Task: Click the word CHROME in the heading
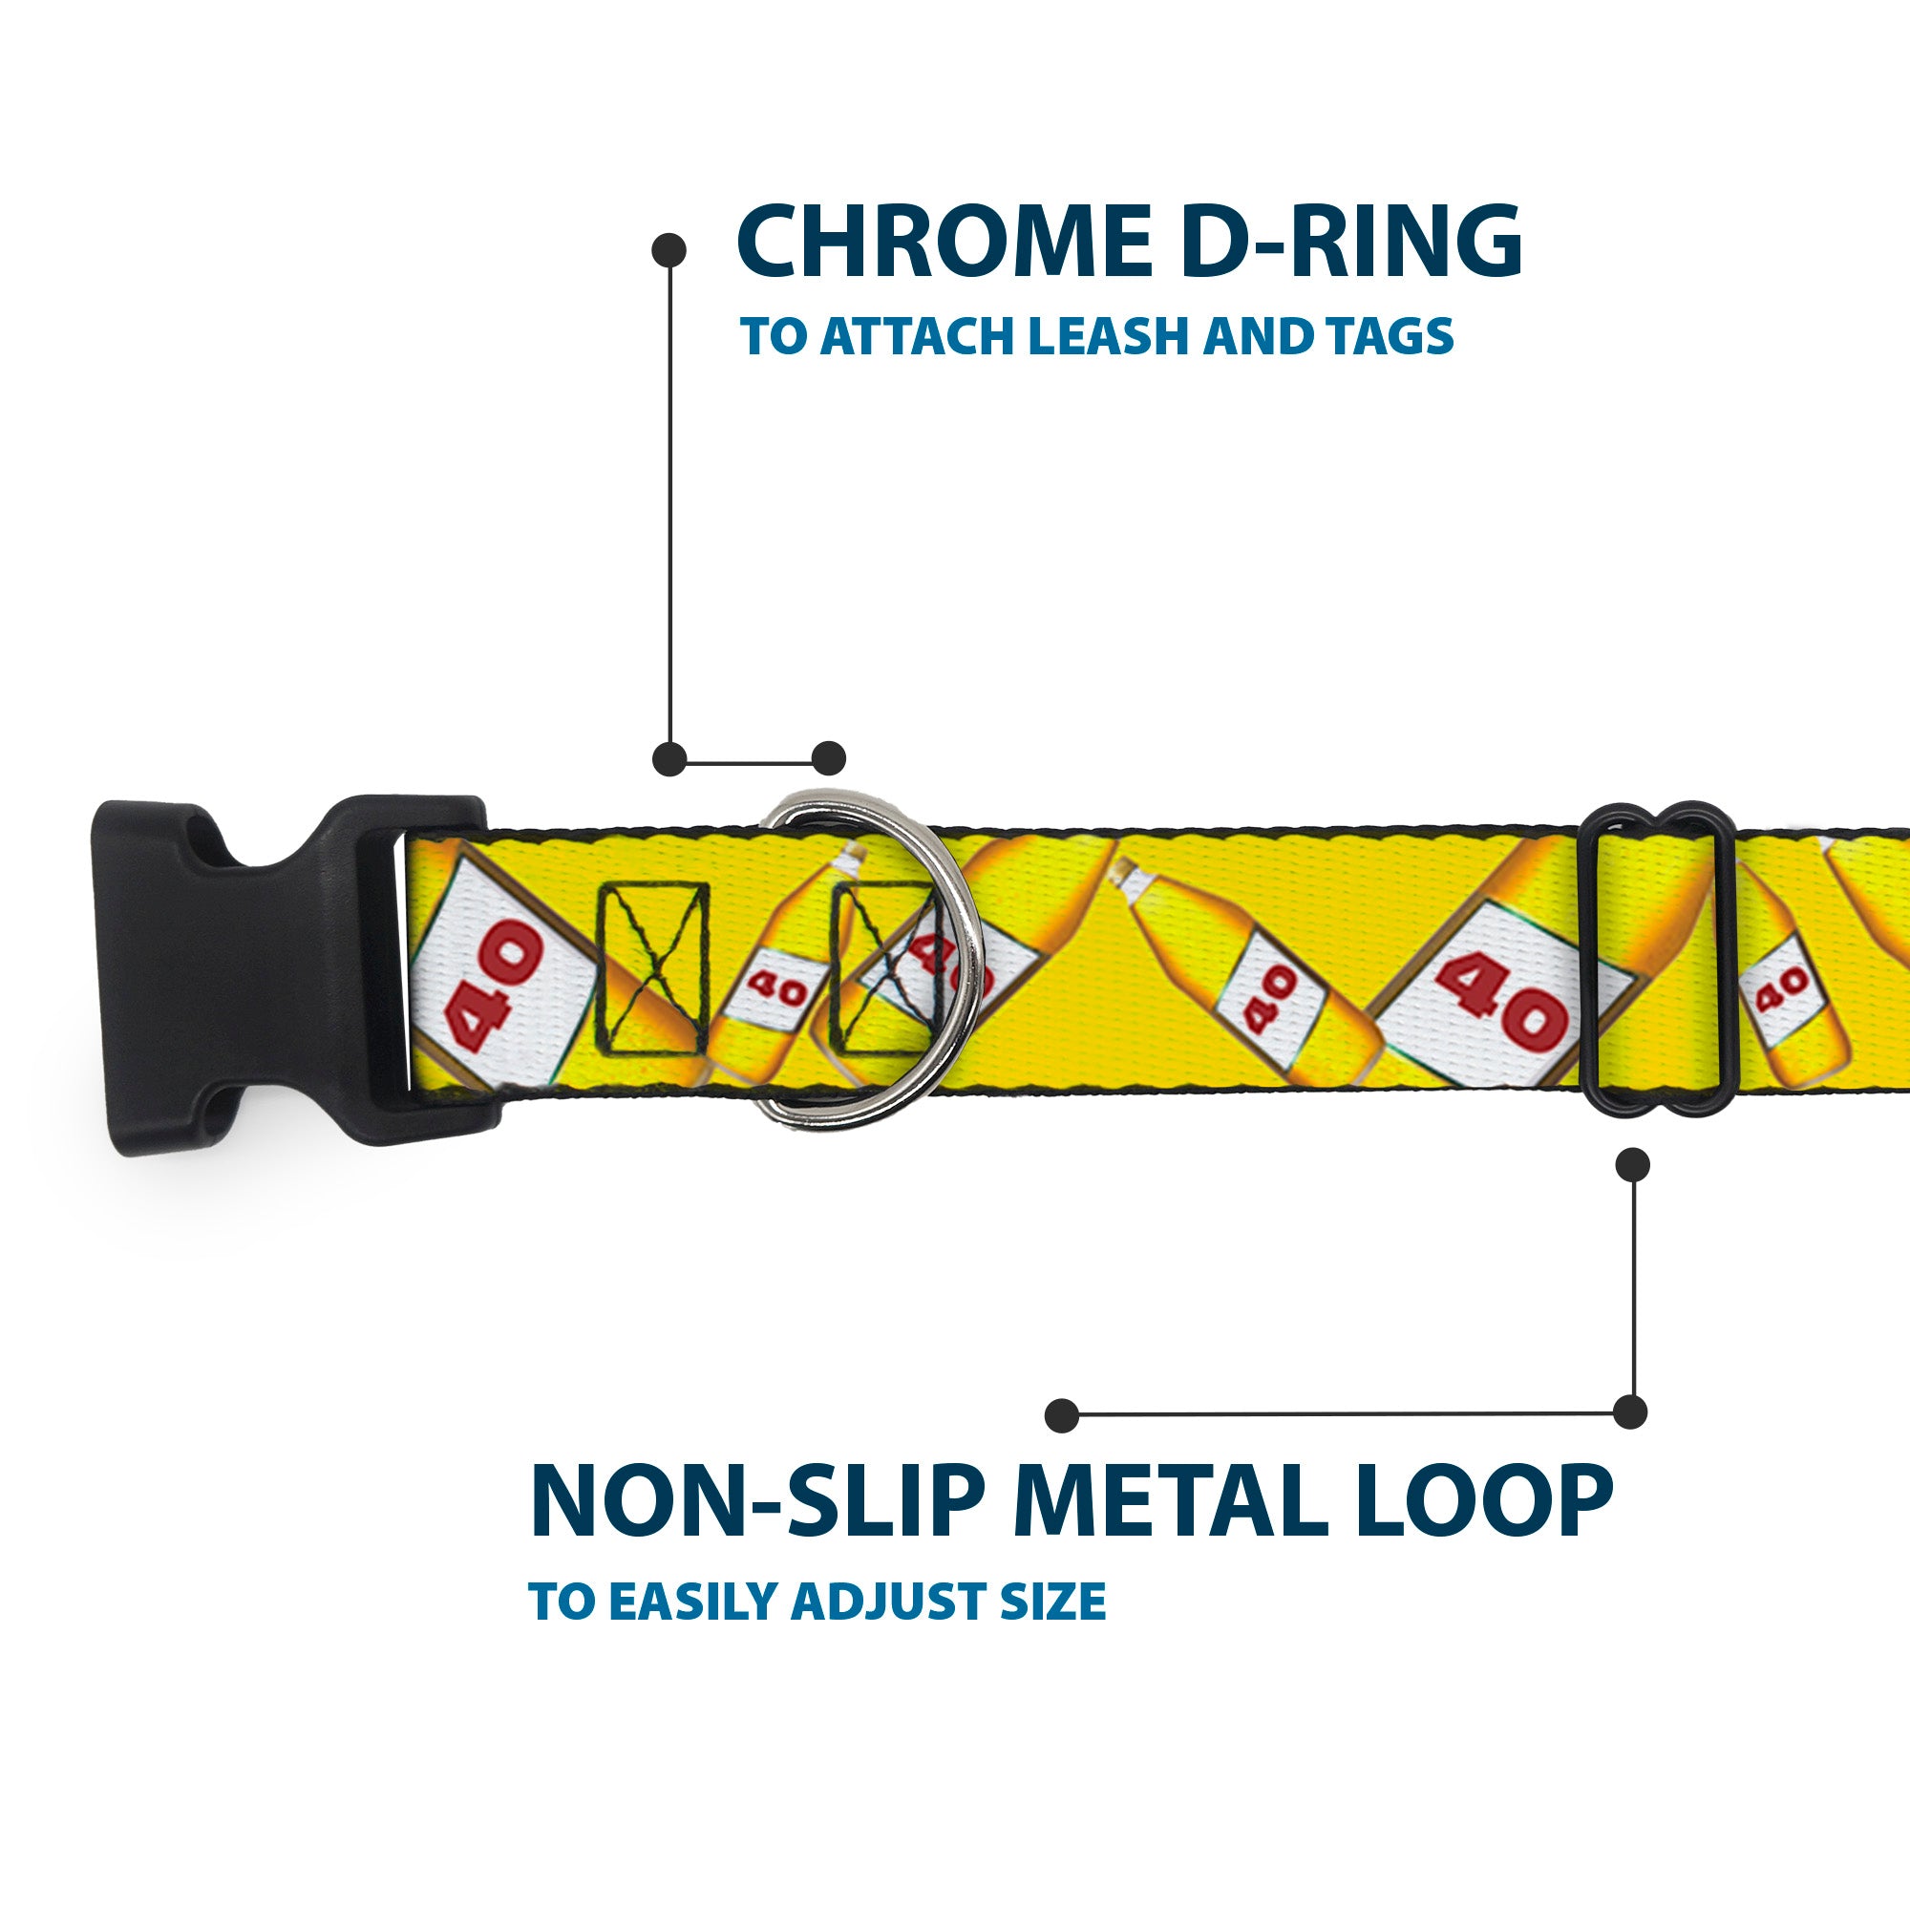944,243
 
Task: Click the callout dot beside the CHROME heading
669,250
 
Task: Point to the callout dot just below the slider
1632,1164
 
